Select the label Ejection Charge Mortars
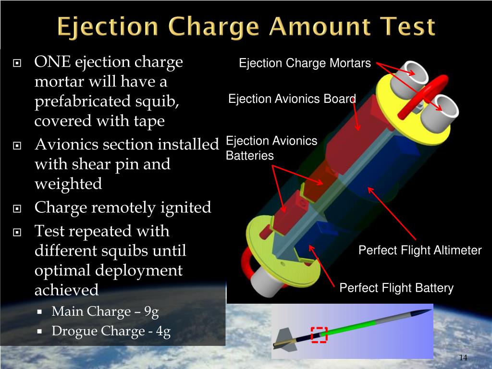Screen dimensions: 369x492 pyautogui.click(x=305, y=63)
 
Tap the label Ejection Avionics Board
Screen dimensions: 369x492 pyautogui.click(x=292, y=99)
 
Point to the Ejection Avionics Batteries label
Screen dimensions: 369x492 pyautogui.click(x=271, y=148)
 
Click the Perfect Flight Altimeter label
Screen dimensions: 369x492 pyautogui.click(x=420, y=250)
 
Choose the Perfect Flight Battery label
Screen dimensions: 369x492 pyautogui.click(x=396, y=288)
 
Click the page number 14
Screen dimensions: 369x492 pyautogui.click(x=463, y=358)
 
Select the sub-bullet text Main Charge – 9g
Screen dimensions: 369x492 pyautogui.click(x=105, y=312)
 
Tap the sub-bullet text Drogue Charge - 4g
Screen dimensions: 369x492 pyautogui.click(x=111, y=332)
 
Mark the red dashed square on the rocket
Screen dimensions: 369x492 pyautogui.click(x=319, y=334)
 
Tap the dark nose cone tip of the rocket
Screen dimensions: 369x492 pyautogui.click(x=425, y=312)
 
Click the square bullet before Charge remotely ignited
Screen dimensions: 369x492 pyautogui.click(x=18, y=209)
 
